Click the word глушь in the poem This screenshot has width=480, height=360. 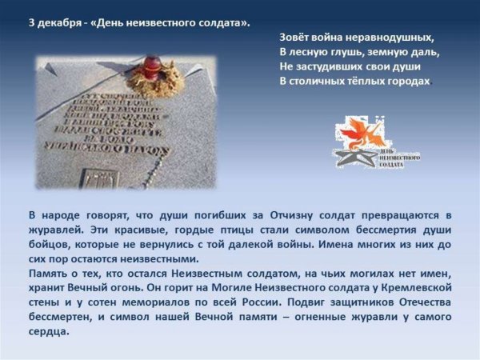coord(340,52)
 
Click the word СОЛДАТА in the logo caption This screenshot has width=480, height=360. coord(391,164)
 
